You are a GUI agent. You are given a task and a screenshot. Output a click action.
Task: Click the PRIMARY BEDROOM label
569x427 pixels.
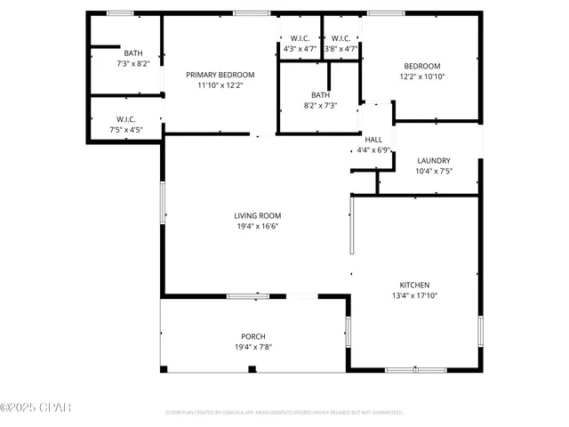[x=220, y=75]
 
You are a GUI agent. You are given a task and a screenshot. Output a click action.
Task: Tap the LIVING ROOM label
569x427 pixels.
[x=258, y=216]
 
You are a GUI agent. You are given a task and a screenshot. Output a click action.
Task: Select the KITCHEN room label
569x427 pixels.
[x=414, y=285]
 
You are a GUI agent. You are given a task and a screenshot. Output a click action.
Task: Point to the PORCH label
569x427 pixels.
[x=253, y=336]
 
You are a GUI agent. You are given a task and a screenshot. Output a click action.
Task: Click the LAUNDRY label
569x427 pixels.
[x=434, y=161]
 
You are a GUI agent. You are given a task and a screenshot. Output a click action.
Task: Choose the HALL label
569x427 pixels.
[x=373, y=140]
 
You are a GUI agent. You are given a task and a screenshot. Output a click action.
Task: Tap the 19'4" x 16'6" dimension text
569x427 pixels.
[x=258, y=227]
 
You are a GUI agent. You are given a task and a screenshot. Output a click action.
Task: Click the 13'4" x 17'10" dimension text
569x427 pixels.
[x=414, y=295]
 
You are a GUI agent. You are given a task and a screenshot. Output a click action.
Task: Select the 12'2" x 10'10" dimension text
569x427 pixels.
[x=422, y=77]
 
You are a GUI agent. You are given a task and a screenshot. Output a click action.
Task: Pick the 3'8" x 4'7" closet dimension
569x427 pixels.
[x=341, y=49]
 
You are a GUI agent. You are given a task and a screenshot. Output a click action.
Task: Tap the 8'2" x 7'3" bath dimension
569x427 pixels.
[x=320, y=106]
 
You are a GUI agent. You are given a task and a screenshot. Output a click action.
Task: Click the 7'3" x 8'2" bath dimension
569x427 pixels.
[x=133, y=64]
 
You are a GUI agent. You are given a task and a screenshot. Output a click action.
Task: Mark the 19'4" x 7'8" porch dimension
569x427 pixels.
[x=253, y=347]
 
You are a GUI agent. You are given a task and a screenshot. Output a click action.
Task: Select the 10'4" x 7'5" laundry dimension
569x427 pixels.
[x=434, y=172]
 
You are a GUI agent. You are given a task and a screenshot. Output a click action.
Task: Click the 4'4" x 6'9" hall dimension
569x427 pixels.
[x=373, y=150]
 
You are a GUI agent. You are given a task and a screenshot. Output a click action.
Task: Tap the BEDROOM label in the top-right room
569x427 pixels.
[x=422, y=66]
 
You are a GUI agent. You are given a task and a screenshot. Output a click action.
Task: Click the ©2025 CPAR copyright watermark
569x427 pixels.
[x=36, y=407]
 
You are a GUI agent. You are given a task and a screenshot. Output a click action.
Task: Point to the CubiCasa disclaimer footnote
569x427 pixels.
[x=284, y=413]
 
